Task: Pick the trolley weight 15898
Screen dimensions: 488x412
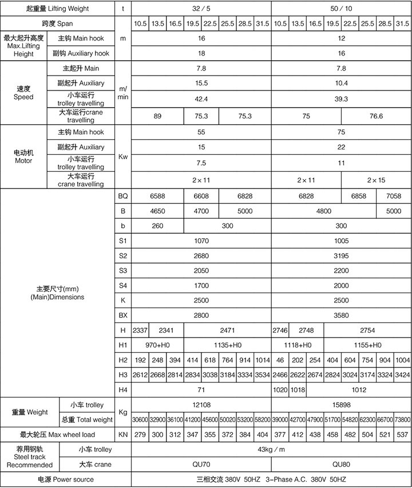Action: click(x=341, y=405)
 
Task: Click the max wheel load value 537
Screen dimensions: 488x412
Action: click(x=402, y=434)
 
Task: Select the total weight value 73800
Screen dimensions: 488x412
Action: click(x=402, y=420)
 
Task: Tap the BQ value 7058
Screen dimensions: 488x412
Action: click(x=394, y=196)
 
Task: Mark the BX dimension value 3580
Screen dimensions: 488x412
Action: click(x=341, y=315)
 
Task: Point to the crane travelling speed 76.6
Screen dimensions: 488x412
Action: click(x=376, y=116)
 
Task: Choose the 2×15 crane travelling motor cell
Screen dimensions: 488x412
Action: click(x=376, y=180)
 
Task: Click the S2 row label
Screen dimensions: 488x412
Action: click(x=122, y=255)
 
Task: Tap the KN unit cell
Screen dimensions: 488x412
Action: click(x=122, y=434)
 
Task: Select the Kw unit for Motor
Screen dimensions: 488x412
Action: click(x=122, y=156)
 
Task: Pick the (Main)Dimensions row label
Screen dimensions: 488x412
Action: click(x=57, y=293)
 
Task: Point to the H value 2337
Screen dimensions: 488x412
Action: click(x=140, y=330)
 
